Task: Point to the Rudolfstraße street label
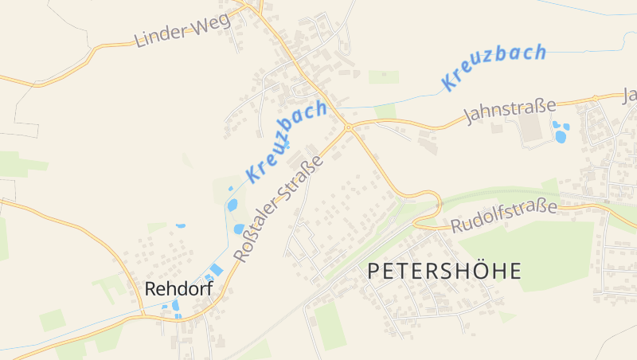503,217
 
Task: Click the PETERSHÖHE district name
444,271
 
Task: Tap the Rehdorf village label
178,289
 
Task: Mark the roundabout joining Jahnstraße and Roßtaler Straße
348,127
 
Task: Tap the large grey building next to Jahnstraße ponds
534,132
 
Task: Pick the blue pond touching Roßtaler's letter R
239,229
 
